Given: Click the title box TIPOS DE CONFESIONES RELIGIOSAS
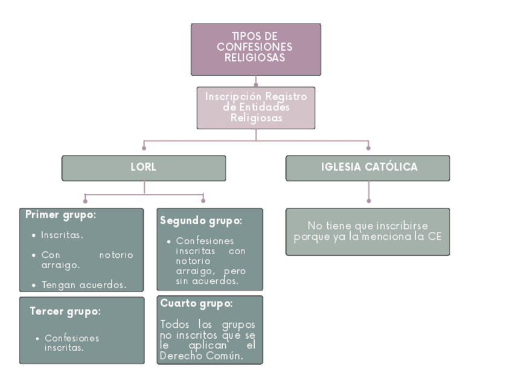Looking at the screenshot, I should tap(255, 49).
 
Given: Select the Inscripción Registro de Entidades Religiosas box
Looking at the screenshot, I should tap(255, 107).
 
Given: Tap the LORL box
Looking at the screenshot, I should tap(144, 168).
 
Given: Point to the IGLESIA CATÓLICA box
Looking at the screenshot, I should tap(368, 168).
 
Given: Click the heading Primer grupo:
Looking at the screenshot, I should tap(61, 215).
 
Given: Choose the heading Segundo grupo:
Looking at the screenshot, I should tap(200, 221).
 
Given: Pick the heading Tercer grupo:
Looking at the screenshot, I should tap(65, 312).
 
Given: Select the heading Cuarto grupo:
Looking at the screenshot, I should tap(196, 304).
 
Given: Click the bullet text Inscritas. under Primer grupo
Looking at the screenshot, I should tap(62, 235).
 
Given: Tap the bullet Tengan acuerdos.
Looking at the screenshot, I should tap(84, 285).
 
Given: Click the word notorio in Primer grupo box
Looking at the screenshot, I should tap(115, 255).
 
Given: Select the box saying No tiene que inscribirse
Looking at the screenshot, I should tap(368, 231).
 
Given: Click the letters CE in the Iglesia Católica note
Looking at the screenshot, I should tap(435, 237).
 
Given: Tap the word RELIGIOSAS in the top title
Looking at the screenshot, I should tap(255, 58).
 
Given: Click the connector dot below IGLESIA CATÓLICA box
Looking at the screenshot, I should tap(368, 200).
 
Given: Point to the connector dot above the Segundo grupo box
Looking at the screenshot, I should tap(203, 200).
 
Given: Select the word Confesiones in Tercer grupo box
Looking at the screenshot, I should tap(72, 338).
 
